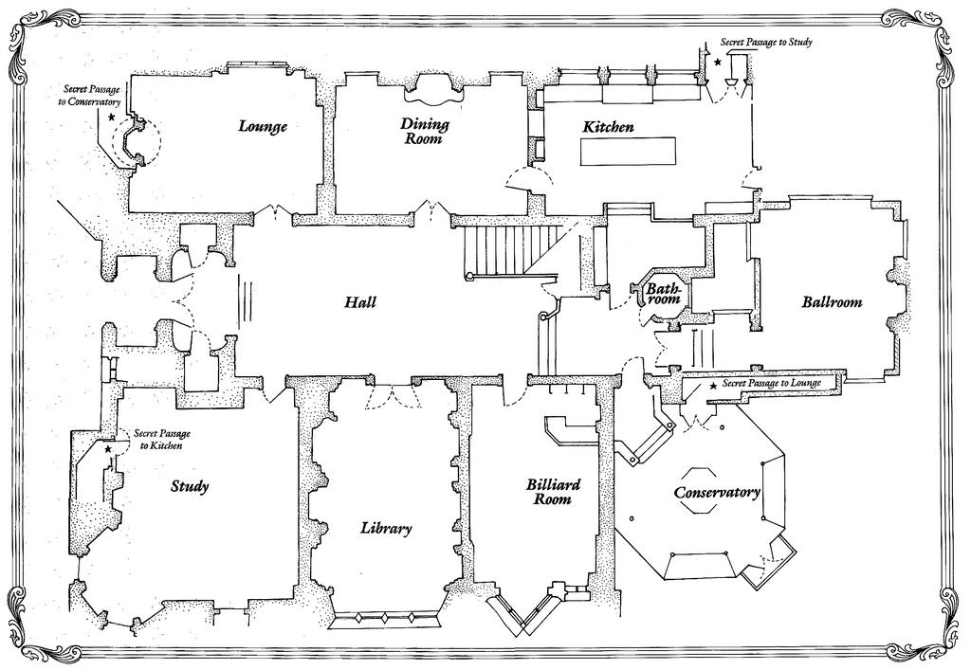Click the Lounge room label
(x=263, y=126)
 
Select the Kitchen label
(x=608, y=127)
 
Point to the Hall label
(x=360, y=302)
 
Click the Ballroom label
(x=832, y=302)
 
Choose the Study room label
(x=190, y=487)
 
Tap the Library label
(x=386, y=529)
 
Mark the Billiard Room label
(x=554, y=491)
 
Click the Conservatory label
(x=717, y=493)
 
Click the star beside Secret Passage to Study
(x=718, y=62)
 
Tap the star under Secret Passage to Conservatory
(x=112, y=118)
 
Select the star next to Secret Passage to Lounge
(x=713, y=386)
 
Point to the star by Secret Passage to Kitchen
(x=108, y=448)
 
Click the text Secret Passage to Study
(x=765, y=43)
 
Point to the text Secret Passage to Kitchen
(x=158, y=438)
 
